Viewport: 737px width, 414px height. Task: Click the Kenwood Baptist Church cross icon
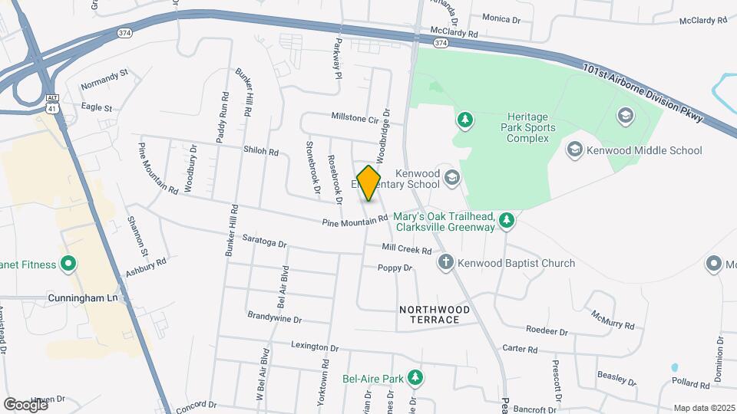tap(445, 263)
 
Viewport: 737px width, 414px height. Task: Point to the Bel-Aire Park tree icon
tap(415, 378)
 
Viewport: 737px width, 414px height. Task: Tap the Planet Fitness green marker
tap(68, 264)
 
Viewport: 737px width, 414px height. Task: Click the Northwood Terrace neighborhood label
tap(435, 314)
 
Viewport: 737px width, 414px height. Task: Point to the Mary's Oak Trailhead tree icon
tap(506, 222)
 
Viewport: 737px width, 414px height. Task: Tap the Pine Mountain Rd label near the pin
tap(355, 222)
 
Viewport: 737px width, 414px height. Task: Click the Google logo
tap(25, 404)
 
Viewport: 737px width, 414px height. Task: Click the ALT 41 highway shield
tap(52, 103)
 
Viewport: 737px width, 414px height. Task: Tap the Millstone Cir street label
tap(355, 118)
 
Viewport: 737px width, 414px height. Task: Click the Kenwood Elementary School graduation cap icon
tap(452, 179)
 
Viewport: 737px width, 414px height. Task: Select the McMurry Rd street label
tap(613, 320)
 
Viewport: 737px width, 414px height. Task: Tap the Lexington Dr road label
tap(315, 347)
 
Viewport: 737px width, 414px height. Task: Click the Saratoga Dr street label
tap(264, 243)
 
